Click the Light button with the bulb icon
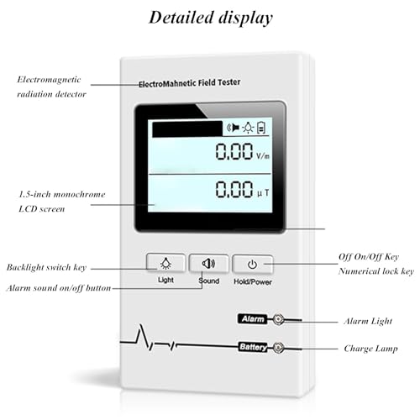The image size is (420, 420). coord(165,263)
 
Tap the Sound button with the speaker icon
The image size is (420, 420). coord(209,263)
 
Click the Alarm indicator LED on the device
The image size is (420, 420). coord(278,319)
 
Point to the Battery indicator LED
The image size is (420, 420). coord(278,348)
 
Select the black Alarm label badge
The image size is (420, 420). coord(253,319)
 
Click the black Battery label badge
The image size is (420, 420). coord(253,347)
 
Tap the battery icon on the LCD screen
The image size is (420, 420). coord(261,128)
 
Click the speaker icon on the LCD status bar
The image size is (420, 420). coord(233,128)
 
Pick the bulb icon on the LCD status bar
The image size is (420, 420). coord(248,128)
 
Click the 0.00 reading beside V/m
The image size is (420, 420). coord(234,151)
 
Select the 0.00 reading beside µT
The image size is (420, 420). coord(234,189)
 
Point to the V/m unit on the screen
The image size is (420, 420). coord(263,155)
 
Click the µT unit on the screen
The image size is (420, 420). coord(263,193)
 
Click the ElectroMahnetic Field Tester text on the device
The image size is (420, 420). coord(190,83)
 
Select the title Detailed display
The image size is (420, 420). coord(211,18)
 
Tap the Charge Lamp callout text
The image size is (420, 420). coord(370,349)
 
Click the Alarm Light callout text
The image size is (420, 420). coord(368,321)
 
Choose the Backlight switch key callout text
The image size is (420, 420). coord(46,267)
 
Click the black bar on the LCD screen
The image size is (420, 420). coord(187,129)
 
